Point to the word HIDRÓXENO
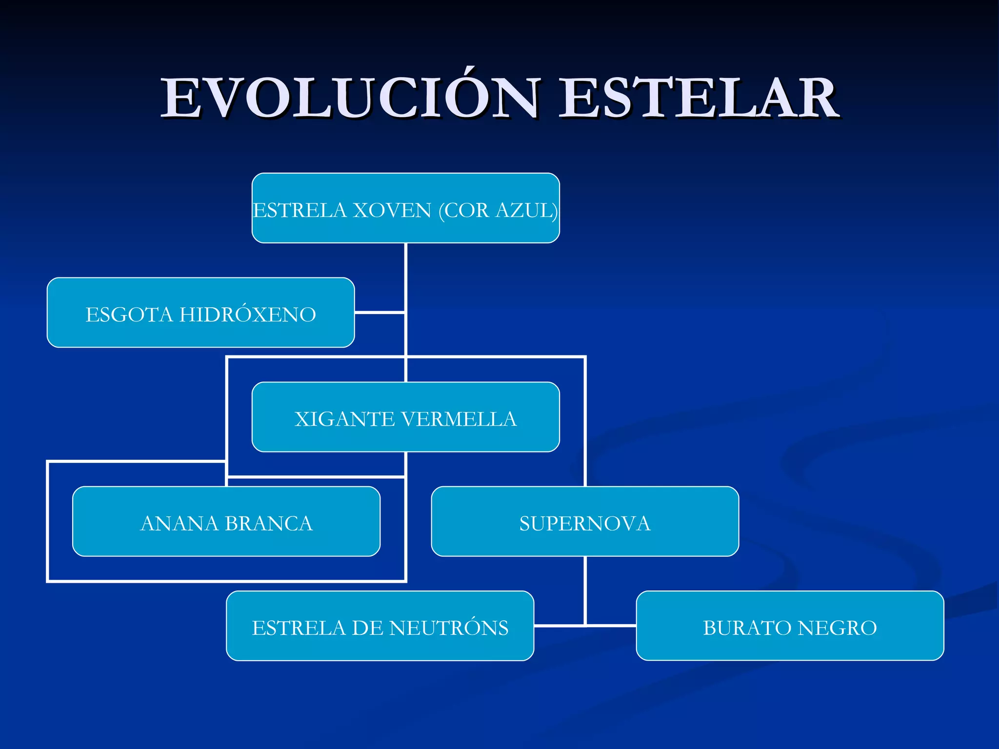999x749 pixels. click(x=248, y=315)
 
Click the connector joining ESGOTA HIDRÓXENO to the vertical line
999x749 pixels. click(x=380, y=313)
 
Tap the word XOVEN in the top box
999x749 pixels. click(x=392, y=211)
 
